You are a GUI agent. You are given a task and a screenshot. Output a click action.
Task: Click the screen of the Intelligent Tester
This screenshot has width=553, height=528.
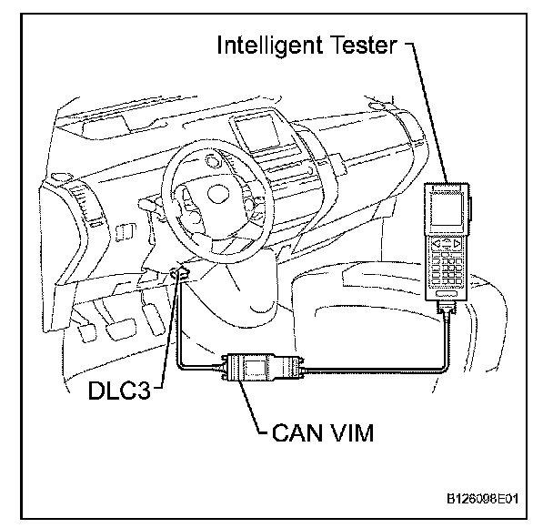(x=448, y=210)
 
